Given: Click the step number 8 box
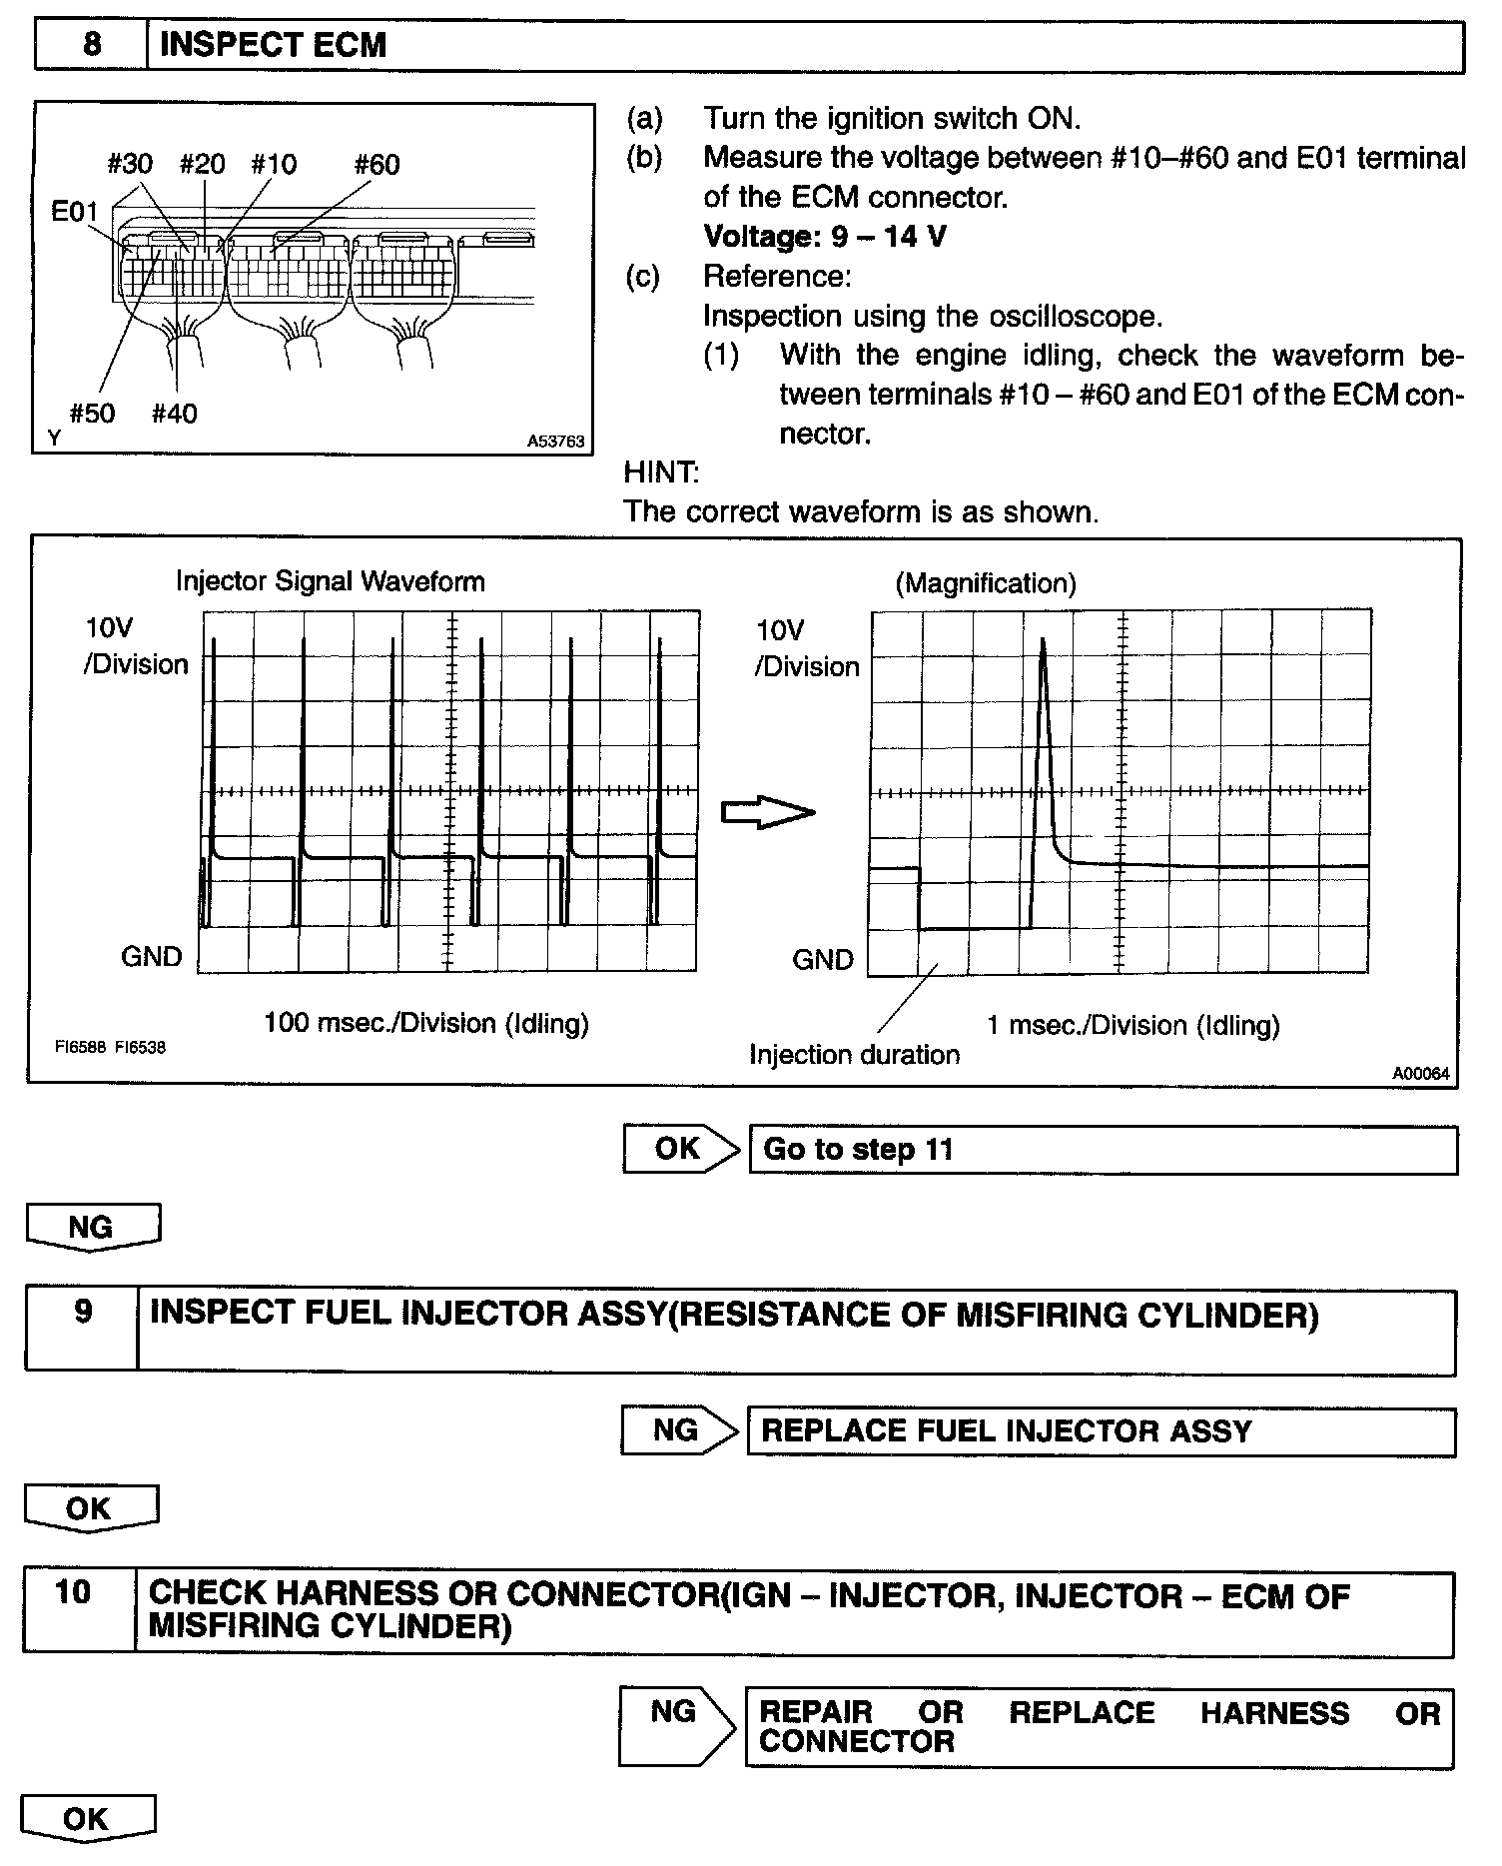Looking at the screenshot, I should (x=91, y=46).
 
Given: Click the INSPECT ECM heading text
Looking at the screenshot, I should (x=273, y=46).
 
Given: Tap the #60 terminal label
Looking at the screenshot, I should (x=376, y=164).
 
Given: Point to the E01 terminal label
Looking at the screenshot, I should (x=75, y=212).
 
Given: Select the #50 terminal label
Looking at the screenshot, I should (x=92, y=414).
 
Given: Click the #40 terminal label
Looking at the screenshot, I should (x=175, y=414).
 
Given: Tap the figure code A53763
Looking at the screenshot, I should (x=555, y=442).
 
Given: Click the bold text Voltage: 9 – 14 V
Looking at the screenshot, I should (x=825, y=237).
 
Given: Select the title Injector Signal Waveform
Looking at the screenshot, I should (x=330, y=581).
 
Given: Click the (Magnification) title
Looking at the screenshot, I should (x=985, y=583).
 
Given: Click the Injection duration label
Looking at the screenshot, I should (x=854, y=1055).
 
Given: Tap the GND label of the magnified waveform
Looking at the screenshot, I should (x=822, y=960).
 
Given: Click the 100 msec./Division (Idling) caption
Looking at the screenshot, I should (x=426, y=1023).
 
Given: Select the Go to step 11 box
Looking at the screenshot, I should (x=1103, y=1150).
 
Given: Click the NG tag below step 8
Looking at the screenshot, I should (x=92, y=1228).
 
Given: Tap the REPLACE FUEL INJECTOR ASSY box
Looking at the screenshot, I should (x=1101, y=1431).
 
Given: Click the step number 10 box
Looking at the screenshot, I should (x=74, y=1592).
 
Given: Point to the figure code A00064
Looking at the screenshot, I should (x=1421, y=1074).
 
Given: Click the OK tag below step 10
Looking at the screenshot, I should (x=88, y=1818).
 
